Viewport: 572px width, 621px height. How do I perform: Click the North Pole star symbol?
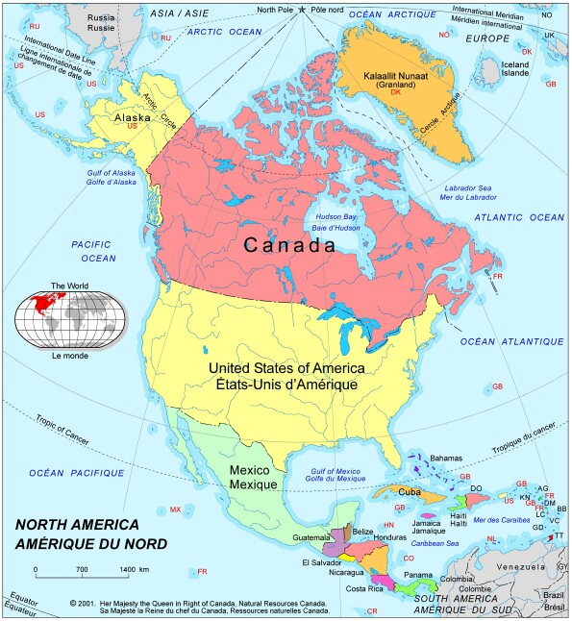pyautogui.click(x=302, y=10)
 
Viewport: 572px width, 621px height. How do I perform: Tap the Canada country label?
pyautogui.click(x=289, y=245)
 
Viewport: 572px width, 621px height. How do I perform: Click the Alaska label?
pyautogui.click(x=133, y=117)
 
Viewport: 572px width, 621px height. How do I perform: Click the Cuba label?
pyautogui.click(x=410, y=492)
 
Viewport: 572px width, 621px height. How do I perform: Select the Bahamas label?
pyautogui.click(x=446, y=458)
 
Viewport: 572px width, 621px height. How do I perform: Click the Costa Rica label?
pyautogui.click(x=365, y=587)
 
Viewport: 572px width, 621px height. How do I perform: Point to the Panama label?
pyautogui.click(x=417, y=575)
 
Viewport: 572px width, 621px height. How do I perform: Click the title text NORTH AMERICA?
pyautogui.click(x=77, y=525)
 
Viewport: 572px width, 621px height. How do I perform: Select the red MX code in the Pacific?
pyautogui.click(x=175, y=509)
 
